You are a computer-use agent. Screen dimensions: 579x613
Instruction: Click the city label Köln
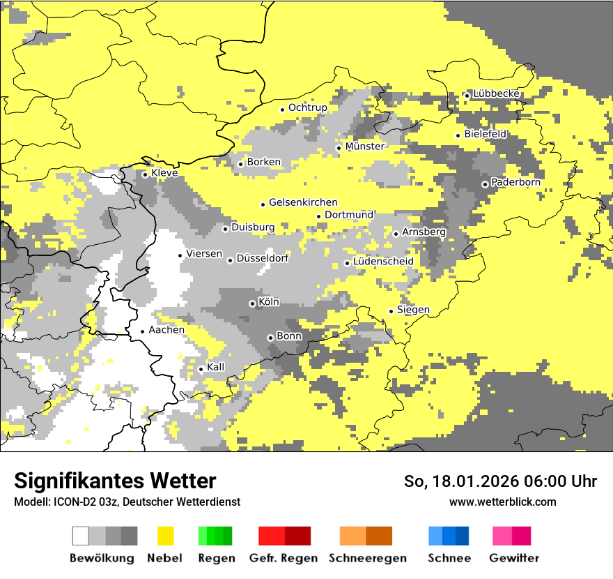269,302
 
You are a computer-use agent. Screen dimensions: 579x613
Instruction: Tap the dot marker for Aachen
142,331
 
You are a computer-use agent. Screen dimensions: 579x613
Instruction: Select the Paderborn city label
515,182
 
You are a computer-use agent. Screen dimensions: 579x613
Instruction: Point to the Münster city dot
339,148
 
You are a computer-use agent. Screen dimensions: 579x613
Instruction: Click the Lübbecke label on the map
496,93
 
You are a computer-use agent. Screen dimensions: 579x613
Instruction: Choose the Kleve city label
164,172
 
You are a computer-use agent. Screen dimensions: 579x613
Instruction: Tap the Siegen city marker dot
391,311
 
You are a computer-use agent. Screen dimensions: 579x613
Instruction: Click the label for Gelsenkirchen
303,202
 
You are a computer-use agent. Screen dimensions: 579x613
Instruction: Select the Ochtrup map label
307,107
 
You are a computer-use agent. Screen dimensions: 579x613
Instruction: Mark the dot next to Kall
201,369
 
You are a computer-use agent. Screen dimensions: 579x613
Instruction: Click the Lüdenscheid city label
383,262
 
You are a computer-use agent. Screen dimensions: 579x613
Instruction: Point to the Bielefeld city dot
458,135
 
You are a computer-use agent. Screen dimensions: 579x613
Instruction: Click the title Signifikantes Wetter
115,481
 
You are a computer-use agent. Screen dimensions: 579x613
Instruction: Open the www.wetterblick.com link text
502,502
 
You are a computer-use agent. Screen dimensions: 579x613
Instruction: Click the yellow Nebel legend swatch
166,536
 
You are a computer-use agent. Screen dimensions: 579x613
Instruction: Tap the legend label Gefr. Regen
283,558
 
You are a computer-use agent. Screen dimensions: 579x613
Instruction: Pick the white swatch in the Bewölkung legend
81,536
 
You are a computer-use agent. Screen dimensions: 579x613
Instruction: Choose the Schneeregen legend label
367,558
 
